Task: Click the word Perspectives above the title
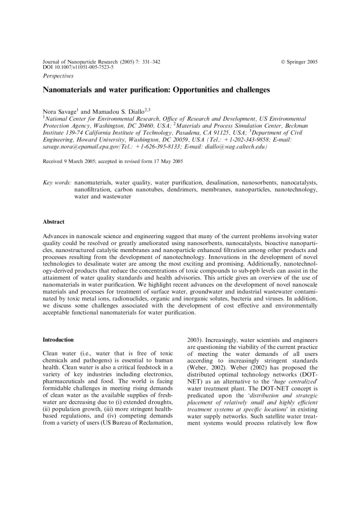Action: pyautogui.click(x=58, y=76)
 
